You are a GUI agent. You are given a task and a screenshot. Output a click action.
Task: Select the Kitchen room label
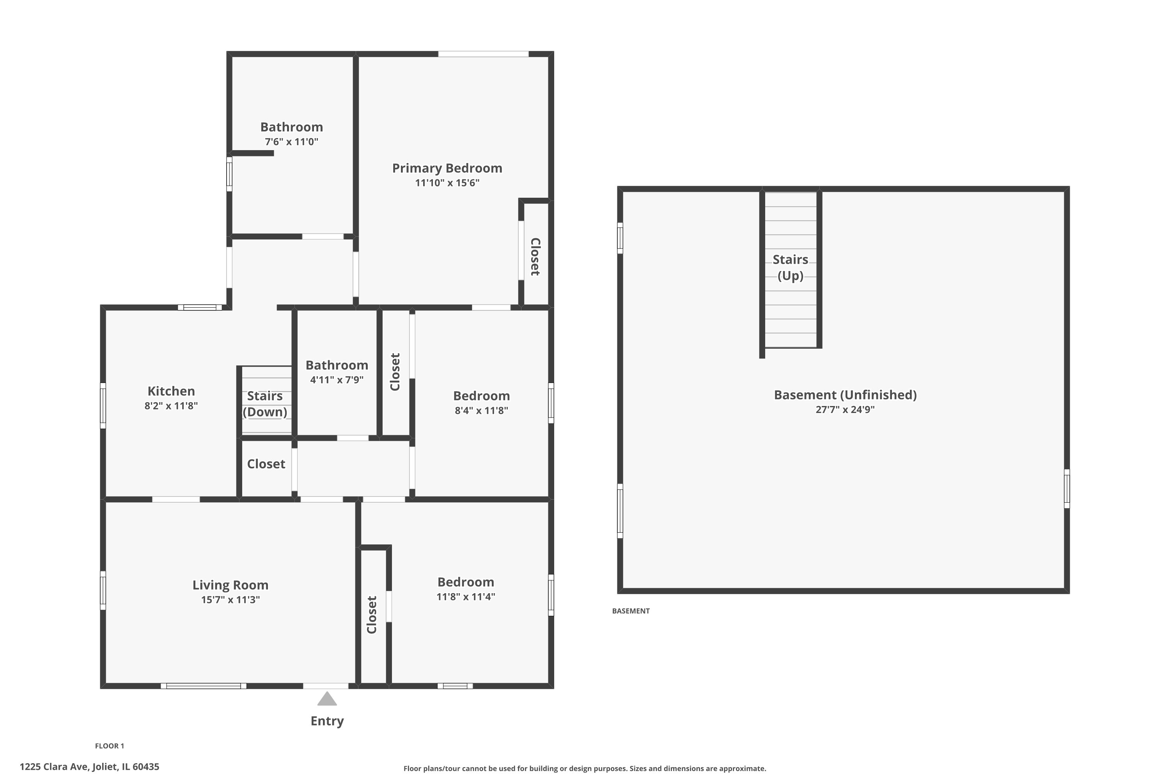pyautogui.click(x=171, y=391)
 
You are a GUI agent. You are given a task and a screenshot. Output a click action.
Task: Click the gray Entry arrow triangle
pyautogui.click(x=327, y=699)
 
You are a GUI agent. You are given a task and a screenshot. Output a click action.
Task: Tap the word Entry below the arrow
pyautogui.click(x=327, y=721)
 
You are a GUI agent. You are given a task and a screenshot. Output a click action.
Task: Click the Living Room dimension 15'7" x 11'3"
pyautogui.click(x=230, y=600)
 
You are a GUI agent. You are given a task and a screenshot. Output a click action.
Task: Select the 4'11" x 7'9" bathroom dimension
pyautogui.click(x=337, y=380)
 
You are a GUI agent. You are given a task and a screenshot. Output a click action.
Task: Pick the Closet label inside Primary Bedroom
pyautogui.click(x=535, y=257)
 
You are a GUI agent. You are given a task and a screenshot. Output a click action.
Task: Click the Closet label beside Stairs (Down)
pyautogui.click(x=266, y=464)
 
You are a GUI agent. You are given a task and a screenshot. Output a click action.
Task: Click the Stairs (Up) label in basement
pyautogui.click(x=790, y=268)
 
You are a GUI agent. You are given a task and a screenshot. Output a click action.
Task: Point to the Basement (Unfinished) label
pyautogui.click(x=845, y=395)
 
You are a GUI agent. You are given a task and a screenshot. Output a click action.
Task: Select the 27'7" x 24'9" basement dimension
pyautogui.click(x=845, y=410)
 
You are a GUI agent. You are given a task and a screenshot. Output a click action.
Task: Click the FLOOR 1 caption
pyautogui.click(x=110, y=746)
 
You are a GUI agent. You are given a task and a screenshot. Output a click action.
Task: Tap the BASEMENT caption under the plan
pyautogui.click(x=630, y=611)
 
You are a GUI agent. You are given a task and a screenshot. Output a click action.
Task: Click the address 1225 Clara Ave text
pyautogui.click(x=90, y=767)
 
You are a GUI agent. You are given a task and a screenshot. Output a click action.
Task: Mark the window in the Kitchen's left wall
pyautogui.click(x=103, y=406)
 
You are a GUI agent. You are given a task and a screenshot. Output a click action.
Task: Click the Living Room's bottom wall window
pyautogui.click(x=204, y=686)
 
